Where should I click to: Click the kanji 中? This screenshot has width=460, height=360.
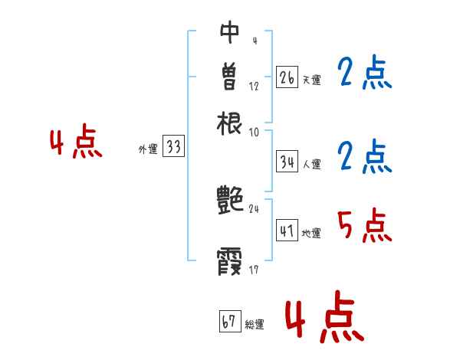230,31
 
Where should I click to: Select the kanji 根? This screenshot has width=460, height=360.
230,122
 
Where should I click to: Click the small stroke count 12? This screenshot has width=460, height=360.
254,86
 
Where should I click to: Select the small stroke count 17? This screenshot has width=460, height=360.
255,270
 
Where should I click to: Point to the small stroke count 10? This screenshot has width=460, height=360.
255,132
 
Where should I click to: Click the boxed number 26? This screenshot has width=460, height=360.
287,77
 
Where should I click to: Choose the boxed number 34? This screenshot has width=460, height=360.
287,162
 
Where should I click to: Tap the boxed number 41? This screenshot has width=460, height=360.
287,231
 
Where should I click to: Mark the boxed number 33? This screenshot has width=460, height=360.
173,148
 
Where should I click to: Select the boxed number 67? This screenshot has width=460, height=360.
229,322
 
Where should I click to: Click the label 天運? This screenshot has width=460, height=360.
311,79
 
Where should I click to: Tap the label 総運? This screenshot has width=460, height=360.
255,325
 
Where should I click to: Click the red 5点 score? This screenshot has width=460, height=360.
363,227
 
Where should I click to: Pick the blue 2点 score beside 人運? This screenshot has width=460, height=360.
363,159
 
